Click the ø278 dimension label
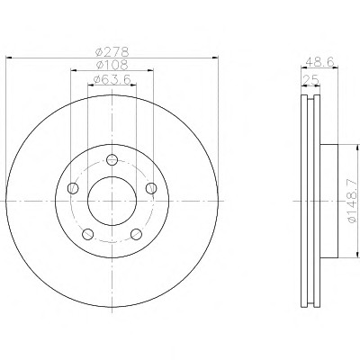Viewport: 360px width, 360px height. pyautogui.click(x=112, y=52)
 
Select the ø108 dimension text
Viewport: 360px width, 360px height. pyautogui.click(x=112, y=65)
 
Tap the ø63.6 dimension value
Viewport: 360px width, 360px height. pyautogui.click(x=112, y=79)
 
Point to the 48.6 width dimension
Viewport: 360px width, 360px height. pyautogui.click(x=319, y=62)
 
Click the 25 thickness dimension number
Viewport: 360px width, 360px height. pyautogui.click(x=310, y=80)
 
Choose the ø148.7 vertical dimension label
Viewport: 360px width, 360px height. pyautogui.click(x=353, y=201)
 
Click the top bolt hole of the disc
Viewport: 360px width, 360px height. pyautogui.click(x=112, y=159)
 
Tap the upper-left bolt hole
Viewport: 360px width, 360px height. pyautogui.click(x=73, y=188)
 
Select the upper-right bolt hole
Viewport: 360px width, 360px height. pyautogui.click(x=151, y=188)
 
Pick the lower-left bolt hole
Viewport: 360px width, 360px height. pyautogui.click(x=88, y=234)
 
